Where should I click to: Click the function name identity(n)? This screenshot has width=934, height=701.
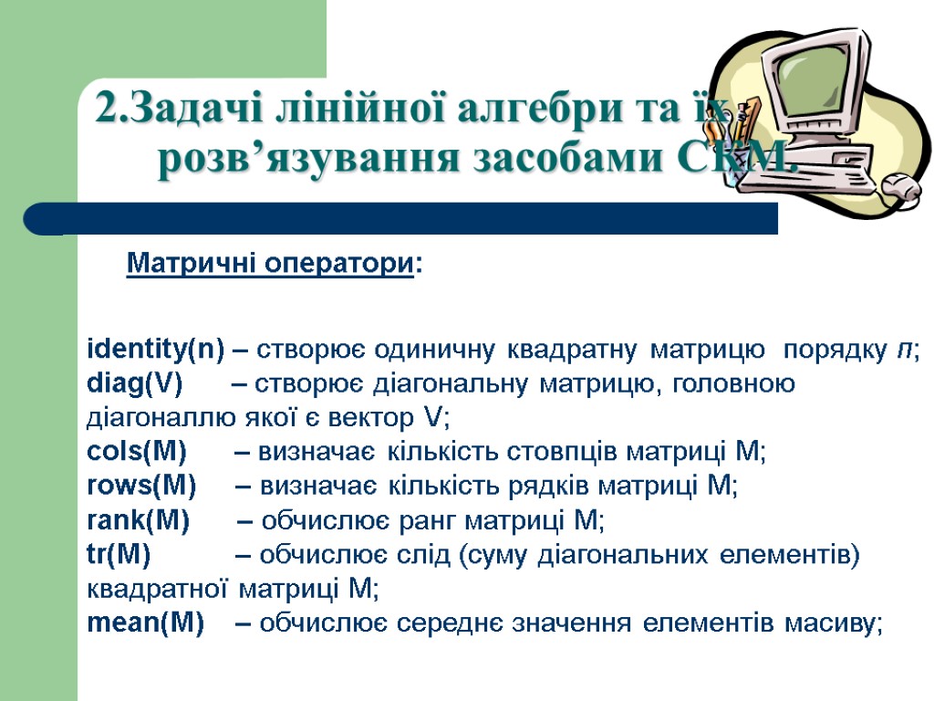click(155, 350)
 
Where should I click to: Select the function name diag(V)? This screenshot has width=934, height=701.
click(134, 384)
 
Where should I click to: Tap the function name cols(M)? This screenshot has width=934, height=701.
click(136, 453)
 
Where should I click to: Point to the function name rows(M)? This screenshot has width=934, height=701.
click(140, 487)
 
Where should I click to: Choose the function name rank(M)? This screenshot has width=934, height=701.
click(138, 521)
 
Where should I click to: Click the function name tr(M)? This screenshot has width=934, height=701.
click(119, 556)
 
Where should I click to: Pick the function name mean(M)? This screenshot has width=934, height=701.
click(145, 624)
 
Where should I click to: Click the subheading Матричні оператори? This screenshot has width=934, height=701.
click(270, 265)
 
